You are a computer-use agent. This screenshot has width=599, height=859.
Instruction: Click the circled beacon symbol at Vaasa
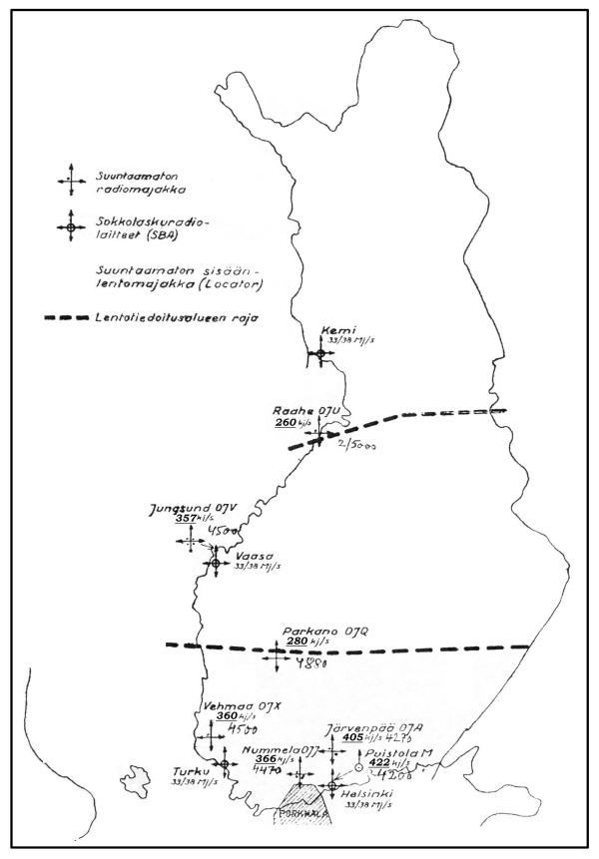click(215, 564)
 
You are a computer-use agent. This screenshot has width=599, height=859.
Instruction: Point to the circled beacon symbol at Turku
click(225, 764)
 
